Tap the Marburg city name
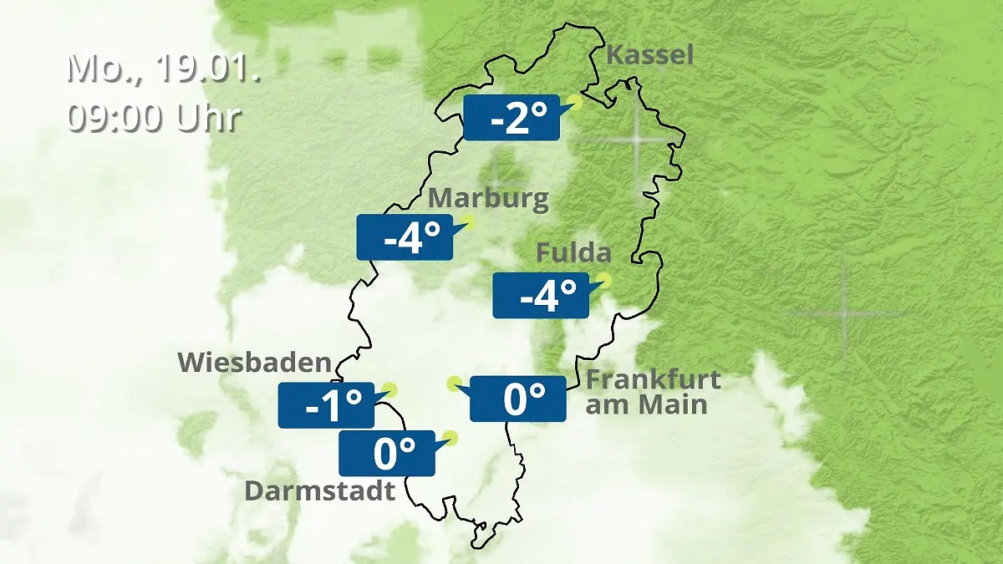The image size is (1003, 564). [x=488, y=199]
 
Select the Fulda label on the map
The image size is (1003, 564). [x=573, y=252]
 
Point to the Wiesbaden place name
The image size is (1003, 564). [x=255, y=362]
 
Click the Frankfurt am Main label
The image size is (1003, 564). [x=653, y=392]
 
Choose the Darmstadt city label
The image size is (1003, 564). [x=319, y=490]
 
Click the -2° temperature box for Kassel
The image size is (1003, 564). [x=511, y=118]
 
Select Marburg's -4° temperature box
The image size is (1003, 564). [x=405, y=237]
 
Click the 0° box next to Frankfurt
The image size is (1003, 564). [x=518, y=399]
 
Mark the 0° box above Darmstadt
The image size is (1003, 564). [x=387, y=453]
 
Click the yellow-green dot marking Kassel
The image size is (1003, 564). [x=573, y=103]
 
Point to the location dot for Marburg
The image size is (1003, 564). [x=467, y=221]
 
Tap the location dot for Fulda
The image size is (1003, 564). [x=603, y=280]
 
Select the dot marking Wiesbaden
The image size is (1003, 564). [x=389, y=389]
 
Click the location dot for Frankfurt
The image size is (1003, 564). [x=454, y=384]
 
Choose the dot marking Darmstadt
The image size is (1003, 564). [x=451, y=437]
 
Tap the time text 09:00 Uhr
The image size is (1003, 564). [x=154, y=117]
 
